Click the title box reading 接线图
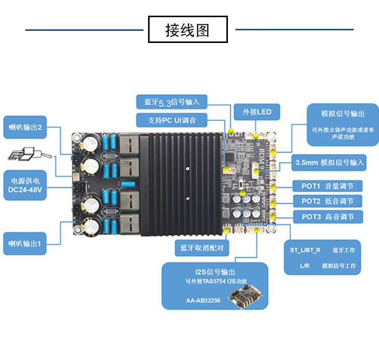(x=187, y=29)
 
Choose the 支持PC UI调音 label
(x=172, y=120)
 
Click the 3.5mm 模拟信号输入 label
(x=329, y=163)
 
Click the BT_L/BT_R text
(x=305, y=251)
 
